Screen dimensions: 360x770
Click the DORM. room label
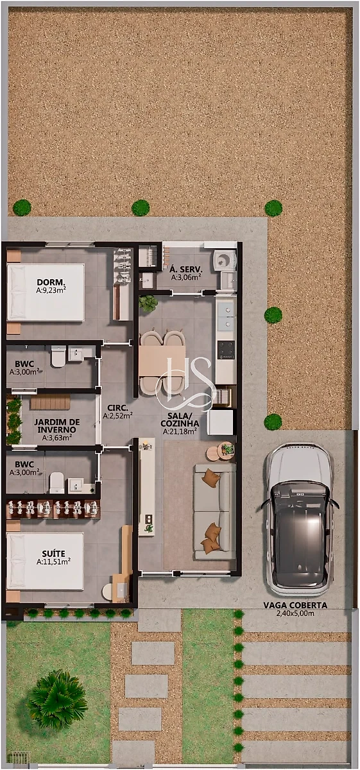pyautogui.click(x=51, y=282)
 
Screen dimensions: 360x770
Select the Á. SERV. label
pyautogui.click(x=186, y=269)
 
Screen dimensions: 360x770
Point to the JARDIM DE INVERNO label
pyautogui.click(x=57, y=426)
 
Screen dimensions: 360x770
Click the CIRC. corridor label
pyautogui.click(x=117, y=408)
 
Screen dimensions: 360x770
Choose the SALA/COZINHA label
pyautogui.click(x=180, y=420)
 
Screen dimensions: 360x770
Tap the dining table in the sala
pyautogui.click(x=162, y=361)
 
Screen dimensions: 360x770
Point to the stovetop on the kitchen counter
pyautogui.click(x=227, y=350)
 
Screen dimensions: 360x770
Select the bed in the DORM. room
pyautogui.click(x=46, y=292)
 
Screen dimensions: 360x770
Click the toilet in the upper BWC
pyautogui.click(x=58, y=357)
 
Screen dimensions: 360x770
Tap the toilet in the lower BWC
pyautogui.click(x=56, y=483)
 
